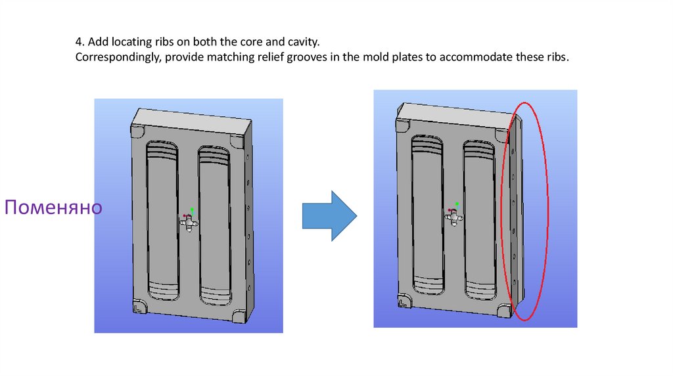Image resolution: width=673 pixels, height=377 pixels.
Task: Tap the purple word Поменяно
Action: tap(53, 208)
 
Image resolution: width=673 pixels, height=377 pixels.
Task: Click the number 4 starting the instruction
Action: tap(78, 42)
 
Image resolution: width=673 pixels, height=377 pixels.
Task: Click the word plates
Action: tap(408, 57)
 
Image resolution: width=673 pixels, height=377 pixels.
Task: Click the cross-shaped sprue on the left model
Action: tap(189, 224)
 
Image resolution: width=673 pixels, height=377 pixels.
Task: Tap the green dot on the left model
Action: tap(192, 210)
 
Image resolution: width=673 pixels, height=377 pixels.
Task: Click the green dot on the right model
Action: tap(457, 204)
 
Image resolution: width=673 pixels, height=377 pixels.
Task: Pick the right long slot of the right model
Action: tap(479, 217)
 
